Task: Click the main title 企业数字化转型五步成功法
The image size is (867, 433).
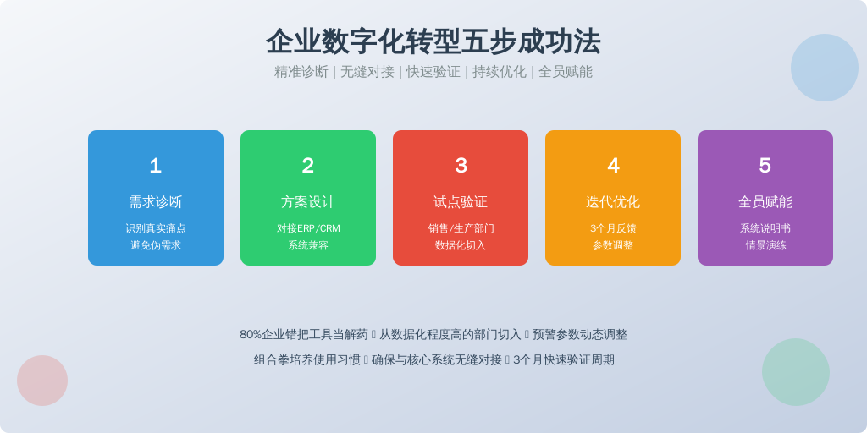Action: [433, 41]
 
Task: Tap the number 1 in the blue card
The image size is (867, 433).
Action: [156, 166]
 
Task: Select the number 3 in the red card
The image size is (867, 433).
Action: [461, 166]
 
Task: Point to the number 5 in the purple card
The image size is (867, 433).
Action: [765, 166]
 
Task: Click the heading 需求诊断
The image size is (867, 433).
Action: [156, 202]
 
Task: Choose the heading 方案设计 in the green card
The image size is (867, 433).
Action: [308, 202]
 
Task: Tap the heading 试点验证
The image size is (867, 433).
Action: [461, 202]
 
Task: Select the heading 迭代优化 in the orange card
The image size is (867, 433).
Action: [613, 202]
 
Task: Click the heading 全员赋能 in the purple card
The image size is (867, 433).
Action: [765, 202]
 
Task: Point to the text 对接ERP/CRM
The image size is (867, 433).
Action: [308, 228]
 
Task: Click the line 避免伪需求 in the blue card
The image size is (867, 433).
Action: [156, 245]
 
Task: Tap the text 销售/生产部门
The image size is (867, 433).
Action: [461, 228]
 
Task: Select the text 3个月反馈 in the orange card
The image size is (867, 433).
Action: [613, 228]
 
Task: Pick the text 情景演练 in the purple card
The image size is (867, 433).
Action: [765, 245]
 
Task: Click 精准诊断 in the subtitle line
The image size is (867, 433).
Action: [301, 72]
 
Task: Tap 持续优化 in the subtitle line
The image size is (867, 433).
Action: [500, 72]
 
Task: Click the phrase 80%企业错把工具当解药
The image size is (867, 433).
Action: [304, 335]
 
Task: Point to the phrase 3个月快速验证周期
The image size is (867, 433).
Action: [563, 360]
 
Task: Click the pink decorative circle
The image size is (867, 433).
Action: [42, 381]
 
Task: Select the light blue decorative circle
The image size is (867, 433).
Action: [825, 68]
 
